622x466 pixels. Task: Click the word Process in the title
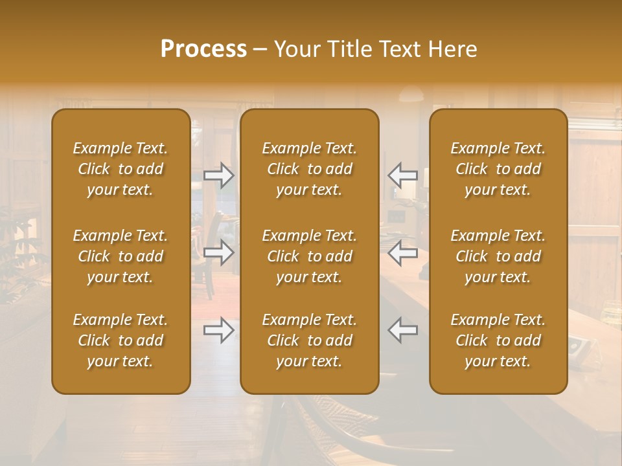(203, 49)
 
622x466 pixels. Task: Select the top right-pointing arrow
(219, 175)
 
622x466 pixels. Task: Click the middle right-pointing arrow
(219, 252)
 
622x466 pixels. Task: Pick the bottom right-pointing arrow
(219, 330)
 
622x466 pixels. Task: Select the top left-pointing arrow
(402, 175)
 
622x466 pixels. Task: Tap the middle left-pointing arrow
(402, 252)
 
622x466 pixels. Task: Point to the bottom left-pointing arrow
(402, 330)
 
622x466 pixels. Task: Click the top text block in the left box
(121, 169)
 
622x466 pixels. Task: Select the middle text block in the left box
(121, 256)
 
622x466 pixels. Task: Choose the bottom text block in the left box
(121, 340)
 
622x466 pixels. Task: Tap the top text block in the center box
(310, 169)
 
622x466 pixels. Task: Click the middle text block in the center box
(310, 256)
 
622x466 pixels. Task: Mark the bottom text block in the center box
(310, 340)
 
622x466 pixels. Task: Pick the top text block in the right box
(498, 169)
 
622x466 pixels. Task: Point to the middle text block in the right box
(498, 256)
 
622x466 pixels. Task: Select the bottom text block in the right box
(498, 340)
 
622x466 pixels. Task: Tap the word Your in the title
(295, 49)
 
